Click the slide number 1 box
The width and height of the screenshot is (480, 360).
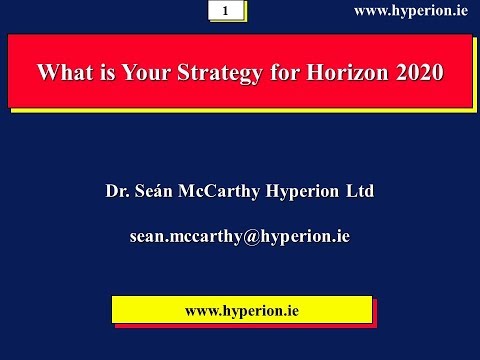coord(226,11)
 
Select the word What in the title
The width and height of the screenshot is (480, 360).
coord(62,72)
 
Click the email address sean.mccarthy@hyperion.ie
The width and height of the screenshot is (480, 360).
coord(240,237)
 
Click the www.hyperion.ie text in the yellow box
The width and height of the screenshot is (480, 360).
coord(242,310)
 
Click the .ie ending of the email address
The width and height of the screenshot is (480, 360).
coord(340,237)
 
